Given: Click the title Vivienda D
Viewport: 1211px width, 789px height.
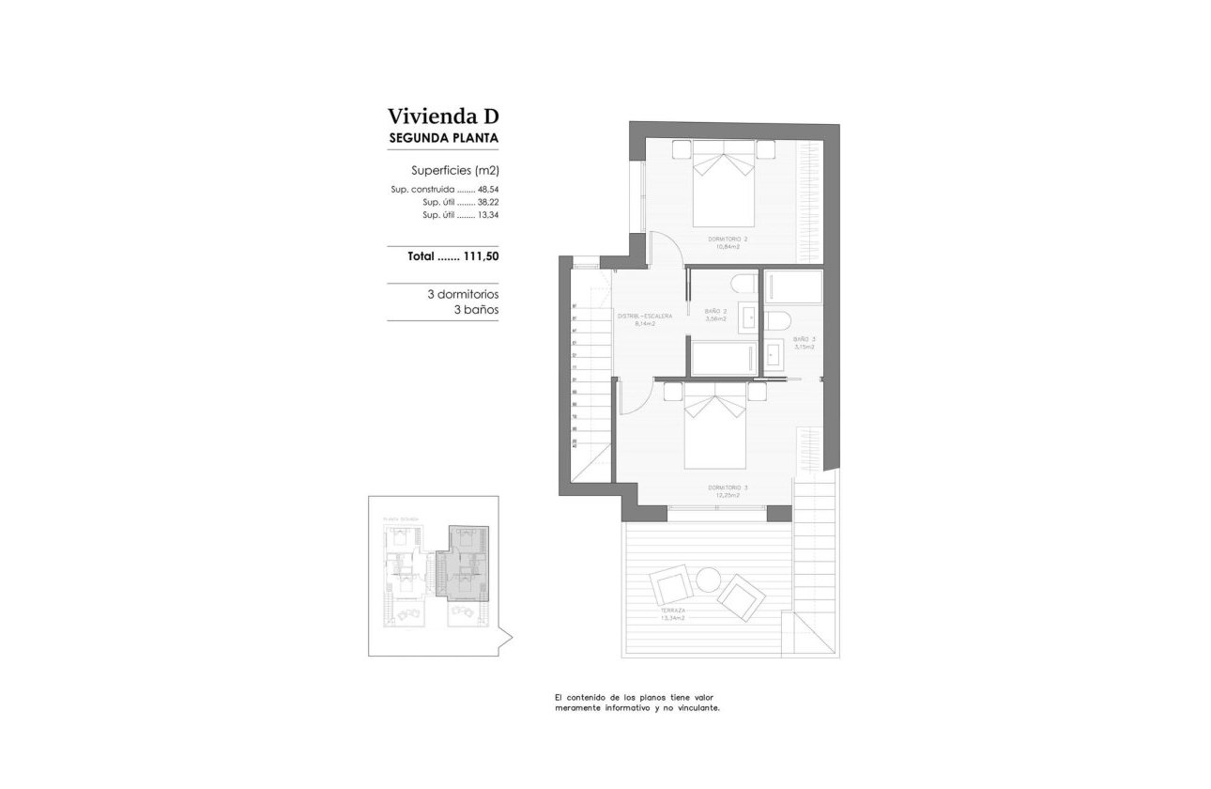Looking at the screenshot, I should tap(443, 116).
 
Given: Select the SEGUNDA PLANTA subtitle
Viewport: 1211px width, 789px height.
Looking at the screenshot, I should tap(443, 138).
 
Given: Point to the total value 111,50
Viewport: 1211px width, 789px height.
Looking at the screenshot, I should tap(480, 255).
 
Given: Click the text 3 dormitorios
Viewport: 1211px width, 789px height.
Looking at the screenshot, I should tap(462, 294).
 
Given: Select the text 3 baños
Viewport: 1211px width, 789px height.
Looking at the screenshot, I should tap(475, 309).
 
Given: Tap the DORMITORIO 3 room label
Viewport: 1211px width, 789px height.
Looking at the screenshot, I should tap(728, 487).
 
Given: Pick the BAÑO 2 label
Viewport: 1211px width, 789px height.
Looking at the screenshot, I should tap(715, 311).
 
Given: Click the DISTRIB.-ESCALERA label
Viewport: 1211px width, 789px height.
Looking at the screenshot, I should tap(644, 317).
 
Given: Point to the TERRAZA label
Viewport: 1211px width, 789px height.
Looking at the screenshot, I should tap(671, 611).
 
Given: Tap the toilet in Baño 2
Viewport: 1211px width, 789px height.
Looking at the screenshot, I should tap(745, 285).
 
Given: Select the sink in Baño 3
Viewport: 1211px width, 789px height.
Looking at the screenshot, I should tap(776, 355).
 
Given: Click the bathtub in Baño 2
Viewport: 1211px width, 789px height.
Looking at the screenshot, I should tap(723, 358).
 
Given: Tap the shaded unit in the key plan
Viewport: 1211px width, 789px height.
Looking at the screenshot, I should tap(466, 564).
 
